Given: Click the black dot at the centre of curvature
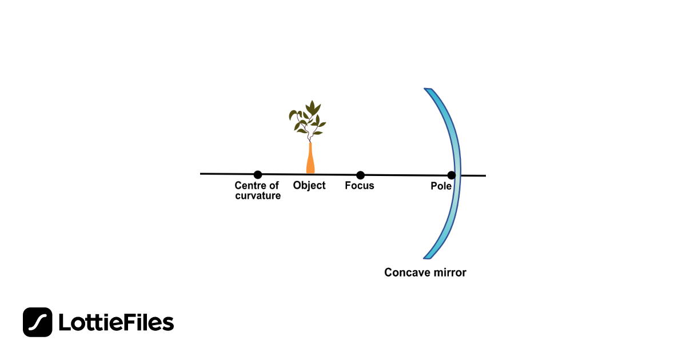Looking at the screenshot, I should [258, 174].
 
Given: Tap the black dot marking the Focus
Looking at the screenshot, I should [360, 175].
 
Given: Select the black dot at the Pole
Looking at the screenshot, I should [452, 175].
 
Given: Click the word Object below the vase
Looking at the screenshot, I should [309, 186].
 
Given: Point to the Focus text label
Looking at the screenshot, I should [360, 186].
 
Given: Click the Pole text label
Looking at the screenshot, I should [441, 186].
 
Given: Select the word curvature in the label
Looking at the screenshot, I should [258, 196].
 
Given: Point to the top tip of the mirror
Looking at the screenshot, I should [426, 90].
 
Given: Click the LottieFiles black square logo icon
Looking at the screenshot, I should [38, 322].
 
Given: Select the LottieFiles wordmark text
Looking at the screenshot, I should [116, 323].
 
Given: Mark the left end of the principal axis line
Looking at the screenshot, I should [201, 173].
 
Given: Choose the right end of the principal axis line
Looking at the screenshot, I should [485, 176].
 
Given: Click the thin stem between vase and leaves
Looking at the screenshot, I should [309, 137].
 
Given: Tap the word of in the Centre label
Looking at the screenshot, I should [274, 186].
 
